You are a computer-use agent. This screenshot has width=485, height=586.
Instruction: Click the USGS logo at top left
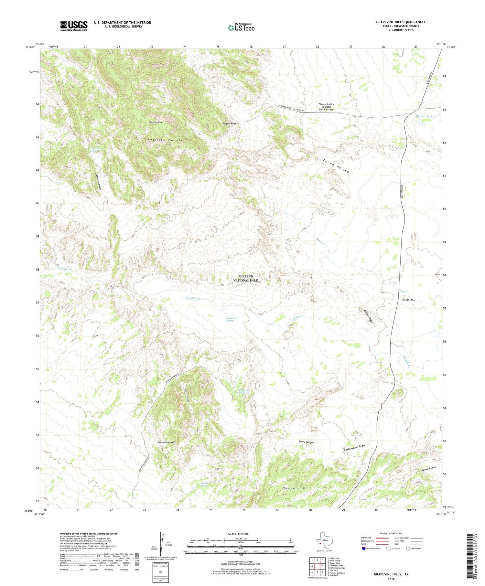pyautogui.click(x=74, y=26)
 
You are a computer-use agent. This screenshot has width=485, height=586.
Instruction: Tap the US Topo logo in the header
pyautogui.click(x=241, y=28)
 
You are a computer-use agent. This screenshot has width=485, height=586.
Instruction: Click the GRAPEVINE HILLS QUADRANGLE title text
pyautogui.click(x=401, y=22)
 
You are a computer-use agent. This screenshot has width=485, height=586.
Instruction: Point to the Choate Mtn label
pyautogui.click(x=155, y=123)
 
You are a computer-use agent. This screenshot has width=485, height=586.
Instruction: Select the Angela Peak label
pyautogui.click(x=230, y=123)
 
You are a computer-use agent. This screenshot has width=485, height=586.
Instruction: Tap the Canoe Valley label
pyautogui.click(x=336, y=166)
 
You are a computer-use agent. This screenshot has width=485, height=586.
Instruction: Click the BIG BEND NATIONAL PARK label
pyautogui.click(x=246, y=278)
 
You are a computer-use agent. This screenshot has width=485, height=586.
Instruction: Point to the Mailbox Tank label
pyautogui.click(x=424, y=116)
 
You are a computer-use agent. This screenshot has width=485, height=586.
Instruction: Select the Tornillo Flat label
pyautogui.click(x=408, y=300)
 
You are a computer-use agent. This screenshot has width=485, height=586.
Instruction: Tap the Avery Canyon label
pyautogui.click(x=306, y=442)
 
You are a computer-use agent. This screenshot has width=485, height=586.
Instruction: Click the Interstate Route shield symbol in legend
pyautogui.click(x=364, y=549)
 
